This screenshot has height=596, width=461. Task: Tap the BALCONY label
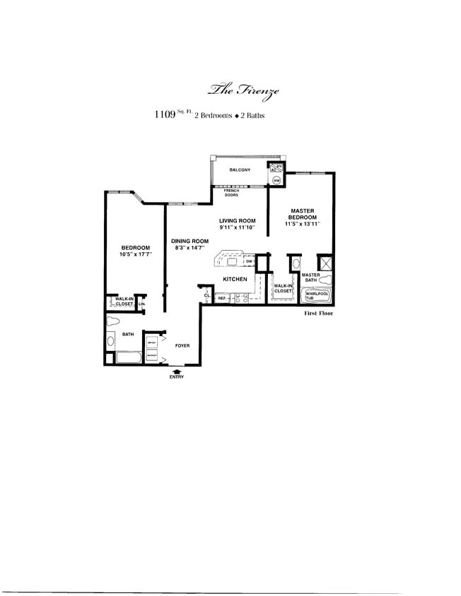pos(240,170)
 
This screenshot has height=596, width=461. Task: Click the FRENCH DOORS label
pos(230,193)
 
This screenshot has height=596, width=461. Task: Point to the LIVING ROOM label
pos(237,221)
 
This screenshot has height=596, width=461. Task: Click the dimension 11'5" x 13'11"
pos(302,224)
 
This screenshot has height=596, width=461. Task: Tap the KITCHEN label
pos(235,280)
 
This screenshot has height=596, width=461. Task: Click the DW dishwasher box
pos(249,262)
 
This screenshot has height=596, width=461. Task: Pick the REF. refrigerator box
pos(221,299)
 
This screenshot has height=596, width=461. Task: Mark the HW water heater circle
pos(276,181)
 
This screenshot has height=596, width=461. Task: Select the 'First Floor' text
pos(317,313)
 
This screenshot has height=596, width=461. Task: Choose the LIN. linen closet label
pos(141,304)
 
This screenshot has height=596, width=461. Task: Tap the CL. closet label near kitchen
pos(206,295)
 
